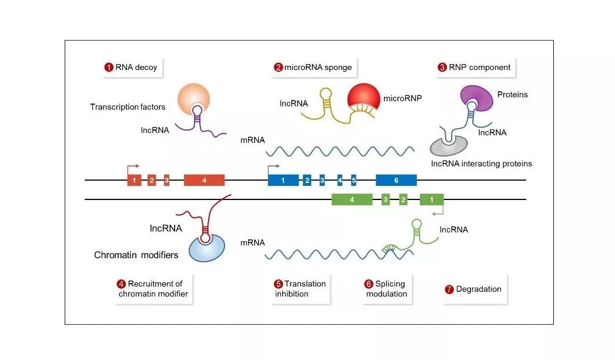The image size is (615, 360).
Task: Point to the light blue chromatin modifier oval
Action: pyautogui.click(x=207, y=248)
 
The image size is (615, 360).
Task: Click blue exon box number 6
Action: pyautogui.click(x=396, y=180)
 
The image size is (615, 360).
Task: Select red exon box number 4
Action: pyautogui.click(x=205, y=180)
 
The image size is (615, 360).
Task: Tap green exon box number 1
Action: pyautogui.click(x=432, y=199)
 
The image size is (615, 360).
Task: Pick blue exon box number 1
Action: pyautogui.click(x=283, y=180)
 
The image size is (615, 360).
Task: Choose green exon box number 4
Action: pyautogui.click(x=352, y=199)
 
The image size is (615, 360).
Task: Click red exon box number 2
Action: pyautogui.click(x=152, y=180)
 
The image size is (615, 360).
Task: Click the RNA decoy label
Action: pyautogui.click(x=131, y=67)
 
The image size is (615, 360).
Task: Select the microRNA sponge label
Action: pyautogui.click(x=313, y=67)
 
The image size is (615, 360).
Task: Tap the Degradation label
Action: pyautogui.click(x=473, y=289)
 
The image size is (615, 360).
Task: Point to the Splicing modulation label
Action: pyautogui.click(x=386, y=289)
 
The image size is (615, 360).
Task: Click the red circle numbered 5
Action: pyautogui.click(x=279, y=284)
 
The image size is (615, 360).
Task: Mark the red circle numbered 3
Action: pyautogui.click(x=442, y=67)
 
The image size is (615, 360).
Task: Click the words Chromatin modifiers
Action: pyautogui.click(x=136, y=255)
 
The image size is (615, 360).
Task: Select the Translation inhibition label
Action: pyautogui.click(x=300, y=289)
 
